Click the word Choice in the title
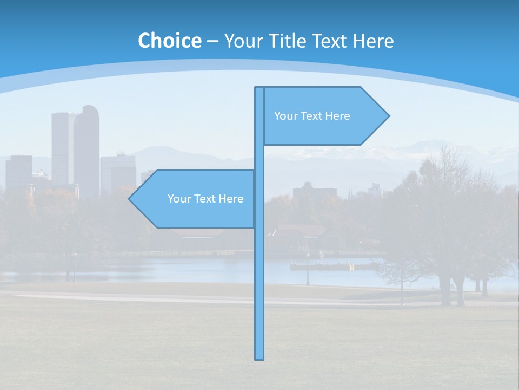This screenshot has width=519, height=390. [x=169, y=41]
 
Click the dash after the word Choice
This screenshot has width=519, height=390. [x=212, y=42]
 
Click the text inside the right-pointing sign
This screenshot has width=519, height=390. [x=312, y=116]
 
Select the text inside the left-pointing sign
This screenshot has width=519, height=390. [x=205, y=199]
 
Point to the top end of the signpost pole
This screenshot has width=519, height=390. [x=259, y=88]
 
